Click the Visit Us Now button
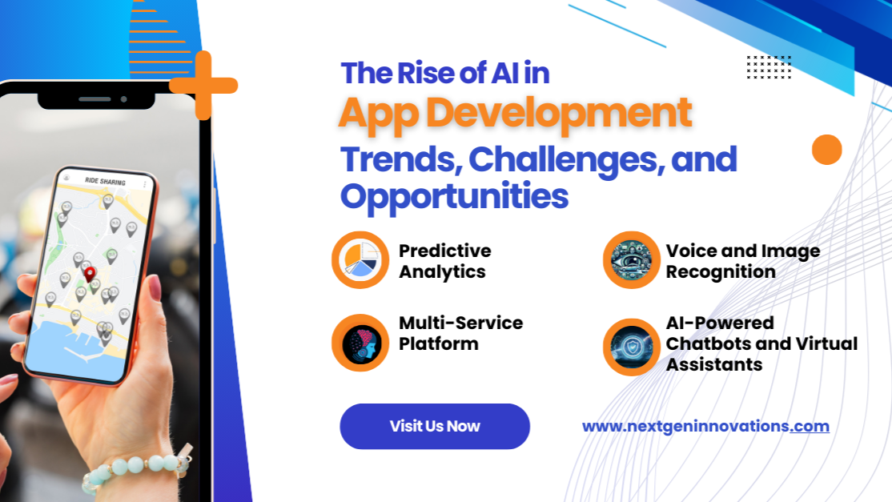435,427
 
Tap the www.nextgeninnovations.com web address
705,427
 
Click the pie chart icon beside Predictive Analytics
360,260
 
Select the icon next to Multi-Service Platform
360,343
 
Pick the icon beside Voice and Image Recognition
632,260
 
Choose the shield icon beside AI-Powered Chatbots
632,347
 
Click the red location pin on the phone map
90,275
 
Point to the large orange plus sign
203,86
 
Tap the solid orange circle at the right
826,150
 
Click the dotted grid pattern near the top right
769,67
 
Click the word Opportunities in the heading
454,197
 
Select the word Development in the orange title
559,113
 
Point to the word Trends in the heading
402,160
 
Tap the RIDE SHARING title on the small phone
105,182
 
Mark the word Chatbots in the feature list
709,344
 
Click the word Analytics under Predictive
442,272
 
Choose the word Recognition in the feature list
720,272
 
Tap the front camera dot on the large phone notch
123,99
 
